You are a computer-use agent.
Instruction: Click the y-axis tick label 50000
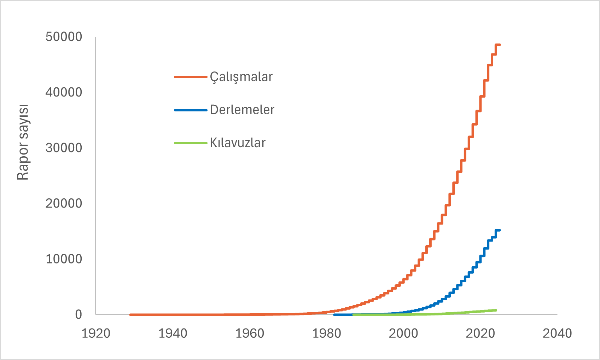[64, 37]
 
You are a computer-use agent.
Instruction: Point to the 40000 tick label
[64, 92]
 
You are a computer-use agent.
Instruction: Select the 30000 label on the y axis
[64, 148]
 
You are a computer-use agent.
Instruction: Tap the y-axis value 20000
[64, 203]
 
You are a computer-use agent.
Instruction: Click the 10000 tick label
[64, 259]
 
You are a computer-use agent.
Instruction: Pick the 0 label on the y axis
[78, 314]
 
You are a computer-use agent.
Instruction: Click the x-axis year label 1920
[96, 333]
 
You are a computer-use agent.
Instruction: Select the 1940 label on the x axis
[173, 333]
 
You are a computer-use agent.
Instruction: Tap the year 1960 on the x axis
[250, 333]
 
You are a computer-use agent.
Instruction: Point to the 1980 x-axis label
[326, 333]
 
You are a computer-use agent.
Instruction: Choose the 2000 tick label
[403, 333]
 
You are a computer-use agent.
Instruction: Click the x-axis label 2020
[480, 333]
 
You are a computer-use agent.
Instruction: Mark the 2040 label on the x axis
[557, 333]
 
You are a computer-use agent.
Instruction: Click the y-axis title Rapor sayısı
[23, 142]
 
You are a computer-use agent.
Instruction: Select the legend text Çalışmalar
[241, 77]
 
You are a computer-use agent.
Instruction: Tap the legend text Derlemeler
[242, 110]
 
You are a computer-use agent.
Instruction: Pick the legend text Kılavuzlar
[238, 143]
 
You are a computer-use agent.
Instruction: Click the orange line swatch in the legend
[191, 77]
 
